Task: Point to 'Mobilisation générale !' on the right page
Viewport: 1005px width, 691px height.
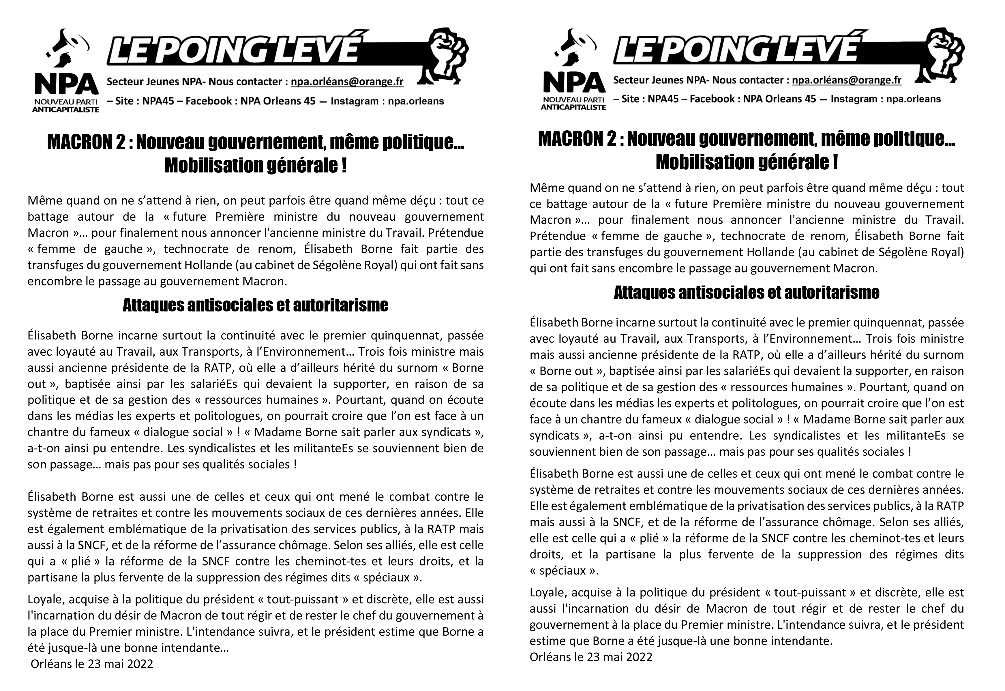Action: [747, 162]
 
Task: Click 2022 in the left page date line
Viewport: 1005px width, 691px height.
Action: [141, 664]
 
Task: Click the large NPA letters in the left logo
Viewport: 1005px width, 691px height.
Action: [66, 85]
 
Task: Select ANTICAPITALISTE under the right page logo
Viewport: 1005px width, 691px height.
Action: [573, 107]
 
